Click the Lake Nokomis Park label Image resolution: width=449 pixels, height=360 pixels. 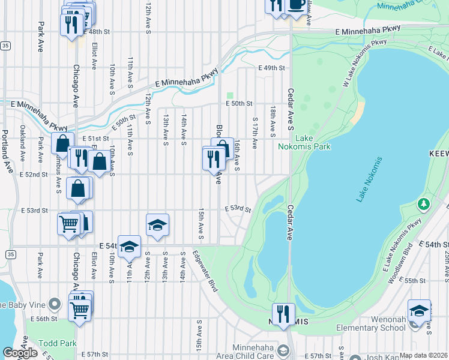[304, 142]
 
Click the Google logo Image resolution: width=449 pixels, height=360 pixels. [20, 353]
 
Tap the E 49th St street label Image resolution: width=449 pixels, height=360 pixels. [271, 68]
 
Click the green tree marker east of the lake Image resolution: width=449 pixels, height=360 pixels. [424, 205]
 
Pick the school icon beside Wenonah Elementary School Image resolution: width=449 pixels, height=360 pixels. [419, 311]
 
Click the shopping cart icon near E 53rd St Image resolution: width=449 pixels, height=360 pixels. [68, 224]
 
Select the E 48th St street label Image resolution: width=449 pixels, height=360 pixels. [98, 31]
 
